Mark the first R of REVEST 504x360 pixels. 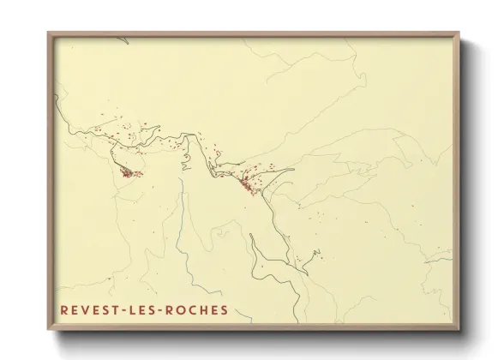(x=64, y=309)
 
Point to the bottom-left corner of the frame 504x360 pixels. (x=49, y=330)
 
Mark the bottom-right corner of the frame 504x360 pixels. (x=459, y=330)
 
